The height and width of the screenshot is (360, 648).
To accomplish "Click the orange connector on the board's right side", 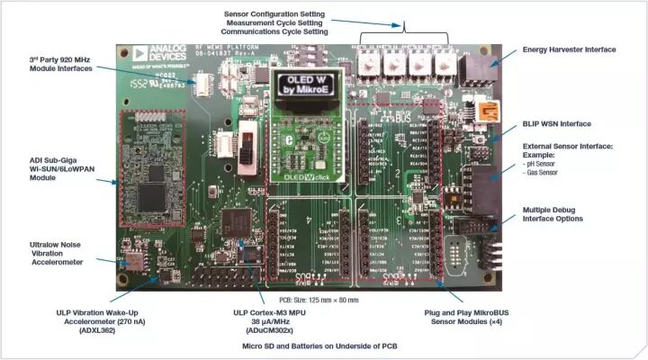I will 490,111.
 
